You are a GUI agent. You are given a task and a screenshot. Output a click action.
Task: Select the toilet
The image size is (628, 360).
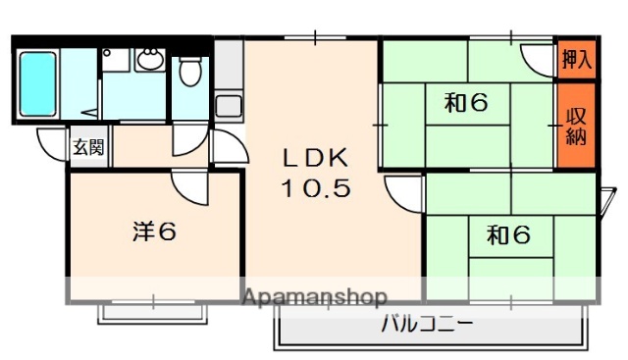(x=189, y=71)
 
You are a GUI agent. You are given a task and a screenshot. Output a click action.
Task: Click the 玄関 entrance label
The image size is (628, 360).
(x=87, y=148)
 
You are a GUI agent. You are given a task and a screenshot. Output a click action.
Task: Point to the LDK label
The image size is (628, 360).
(x=316, y=157)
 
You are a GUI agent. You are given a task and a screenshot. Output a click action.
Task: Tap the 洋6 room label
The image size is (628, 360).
(x=154, y=232)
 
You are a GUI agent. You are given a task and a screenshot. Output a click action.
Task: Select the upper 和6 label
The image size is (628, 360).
(x=466, y=103)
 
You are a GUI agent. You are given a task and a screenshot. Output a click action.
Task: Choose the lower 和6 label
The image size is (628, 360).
(x=509, y=234)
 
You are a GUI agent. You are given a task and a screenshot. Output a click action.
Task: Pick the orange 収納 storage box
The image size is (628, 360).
(x=576, y=126)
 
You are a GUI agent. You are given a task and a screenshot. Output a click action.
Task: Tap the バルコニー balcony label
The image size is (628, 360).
(x=427, y=323)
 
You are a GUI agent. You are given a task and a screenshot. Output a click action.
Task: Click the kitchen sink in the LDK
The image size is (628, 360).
(x=229, y=104)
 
